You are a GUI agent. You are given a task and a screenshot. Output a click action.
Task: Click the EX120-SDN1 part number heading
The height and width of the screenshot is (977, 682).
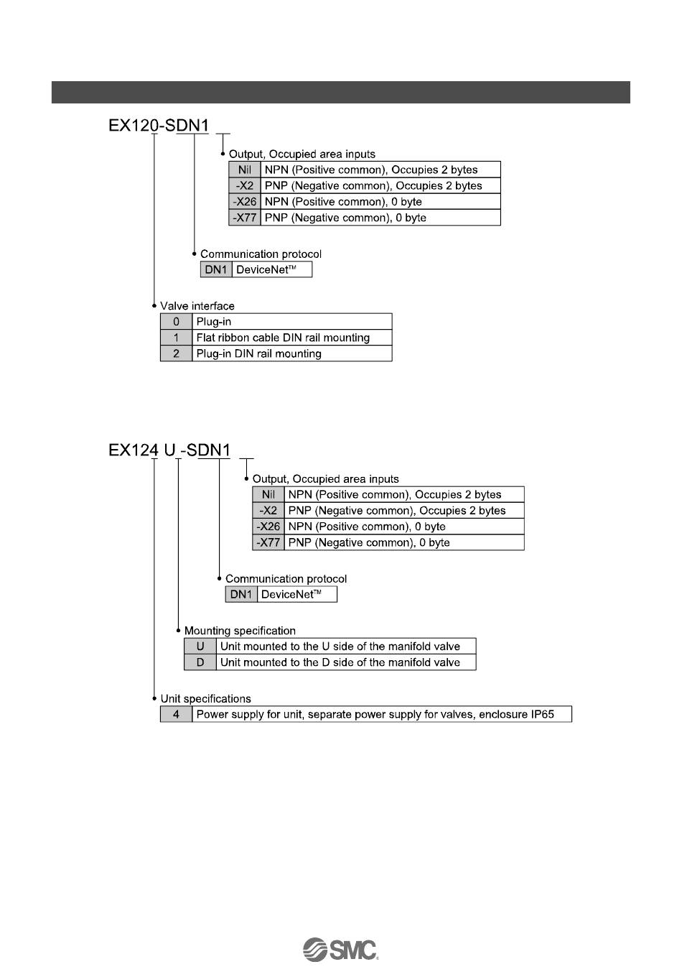[x=159, y=126]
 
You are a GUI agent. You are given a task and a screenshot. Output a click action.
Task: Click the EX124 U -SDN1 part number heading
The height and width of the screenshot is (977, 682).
[x=169, y=450]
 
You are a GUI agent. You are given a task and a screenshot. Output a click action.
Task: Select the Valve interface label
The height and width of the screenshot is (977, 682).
[x=197, y=306]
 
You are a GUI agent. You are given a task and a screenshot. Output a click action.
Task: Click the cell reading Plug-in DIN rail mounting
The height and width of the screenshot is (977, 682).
[x=291, y=353]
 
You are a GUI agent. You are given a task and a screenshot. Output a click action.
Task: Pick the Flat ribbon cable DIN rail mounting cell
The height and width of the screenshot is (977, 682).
[x=291, y=338]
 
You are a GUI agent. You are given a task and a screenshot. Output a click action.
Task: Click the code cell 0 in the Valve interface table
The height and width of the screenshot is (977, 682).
[x=176, y=322]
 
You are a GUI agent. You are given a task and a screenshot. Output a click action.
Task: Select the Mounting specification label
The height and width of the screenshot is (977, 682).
[x=240, y=631]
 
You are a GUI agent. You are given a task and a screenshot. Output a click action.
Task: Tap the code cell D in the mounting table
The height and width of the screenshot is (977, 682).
[x=200, y=662]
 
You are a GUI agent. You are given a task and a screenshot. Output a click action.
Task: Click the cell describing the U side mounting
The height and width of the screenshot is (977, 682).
[x=345, y=647]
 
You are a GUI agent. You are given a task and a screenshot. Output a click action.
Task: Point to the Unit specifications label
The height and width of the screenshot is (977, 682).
[x=205, y=698]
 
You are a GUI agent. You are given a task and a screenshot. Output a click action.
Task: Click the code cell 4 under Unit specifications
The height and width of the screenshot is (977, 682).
[x=176, y=714]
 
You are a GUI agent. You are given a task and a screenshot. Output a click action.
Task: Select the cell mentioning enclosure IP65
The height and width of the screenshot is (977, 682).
[x=381, y=714]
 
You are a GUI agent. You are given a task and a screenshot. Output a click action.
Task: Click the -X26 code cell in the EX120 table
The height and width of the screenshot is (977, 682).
[x=245, y=202]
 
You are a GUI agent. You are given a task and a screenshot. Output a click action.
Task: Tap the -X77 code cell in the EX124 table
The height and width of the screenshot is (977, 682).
[x=268, y=542]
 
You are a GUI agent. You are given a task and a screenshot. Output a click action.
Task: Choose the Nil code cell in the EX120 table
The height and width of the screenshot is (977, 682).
[x=245, y=170]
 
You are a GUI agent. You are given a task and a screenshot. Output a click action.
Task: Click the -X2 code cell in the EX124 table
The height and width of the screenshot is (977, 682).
[x=268, y=511]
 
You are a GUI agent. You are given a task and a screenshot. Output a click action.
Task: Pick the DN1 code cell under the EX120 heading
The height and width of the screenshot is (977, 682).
[x=216, y=270]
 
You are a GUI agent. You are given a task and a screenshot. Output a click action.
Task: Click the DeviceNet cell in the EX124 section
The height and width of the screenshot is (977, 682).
[x=297, y=595]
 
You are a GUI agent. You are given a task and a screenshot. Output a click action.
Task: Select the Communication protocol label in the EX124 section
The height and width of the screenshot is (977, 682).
[x=286, y=579]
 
